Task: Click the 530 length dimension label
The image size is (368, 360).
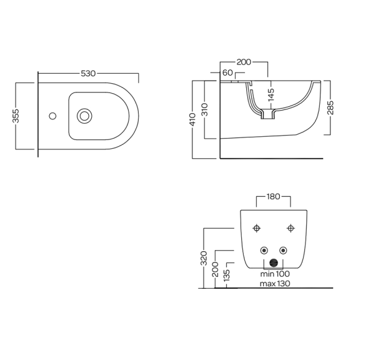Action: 88,74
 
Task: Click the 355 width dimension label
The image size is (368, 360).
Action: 16,116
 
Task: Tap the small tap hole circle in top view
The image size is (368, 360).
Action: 52,116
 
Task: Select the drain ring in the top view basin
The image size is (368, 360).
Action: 84,116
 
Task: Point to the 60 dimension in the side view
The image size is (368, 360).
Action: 227,72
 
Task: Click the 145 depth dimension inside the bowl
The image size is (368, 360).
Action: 271,94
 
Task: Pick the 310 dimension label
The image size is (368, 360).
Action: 205,109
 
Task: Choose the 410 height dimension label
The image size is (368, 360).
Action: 192,119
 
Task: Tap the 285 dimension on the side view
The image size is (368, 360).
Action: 331,107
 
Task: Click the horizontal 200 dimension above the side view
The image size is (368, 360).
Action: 244,62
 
